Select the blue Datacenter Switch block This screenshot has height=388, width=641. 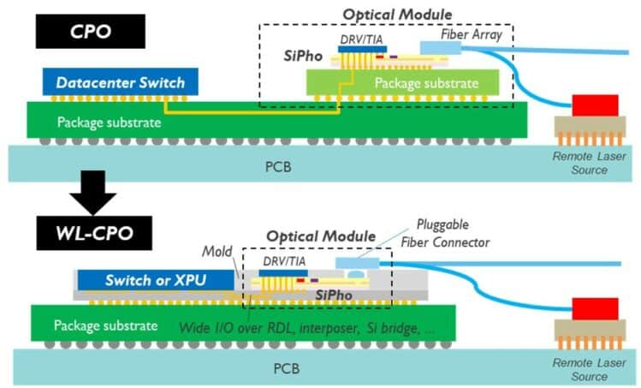[x=121, y=83]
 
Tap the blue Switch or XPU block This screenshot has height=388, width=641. [x=155, y=280]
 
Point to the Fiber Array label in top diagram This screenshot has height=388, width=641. [x=473, y=33]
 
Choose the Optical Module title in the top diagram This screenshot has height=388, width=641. [x=392, y=15]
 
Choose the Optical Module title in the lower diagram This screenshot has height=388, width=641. [x=320, y=236]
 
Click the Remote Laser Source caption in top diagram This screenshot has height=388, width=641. [x=585, y=163]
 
